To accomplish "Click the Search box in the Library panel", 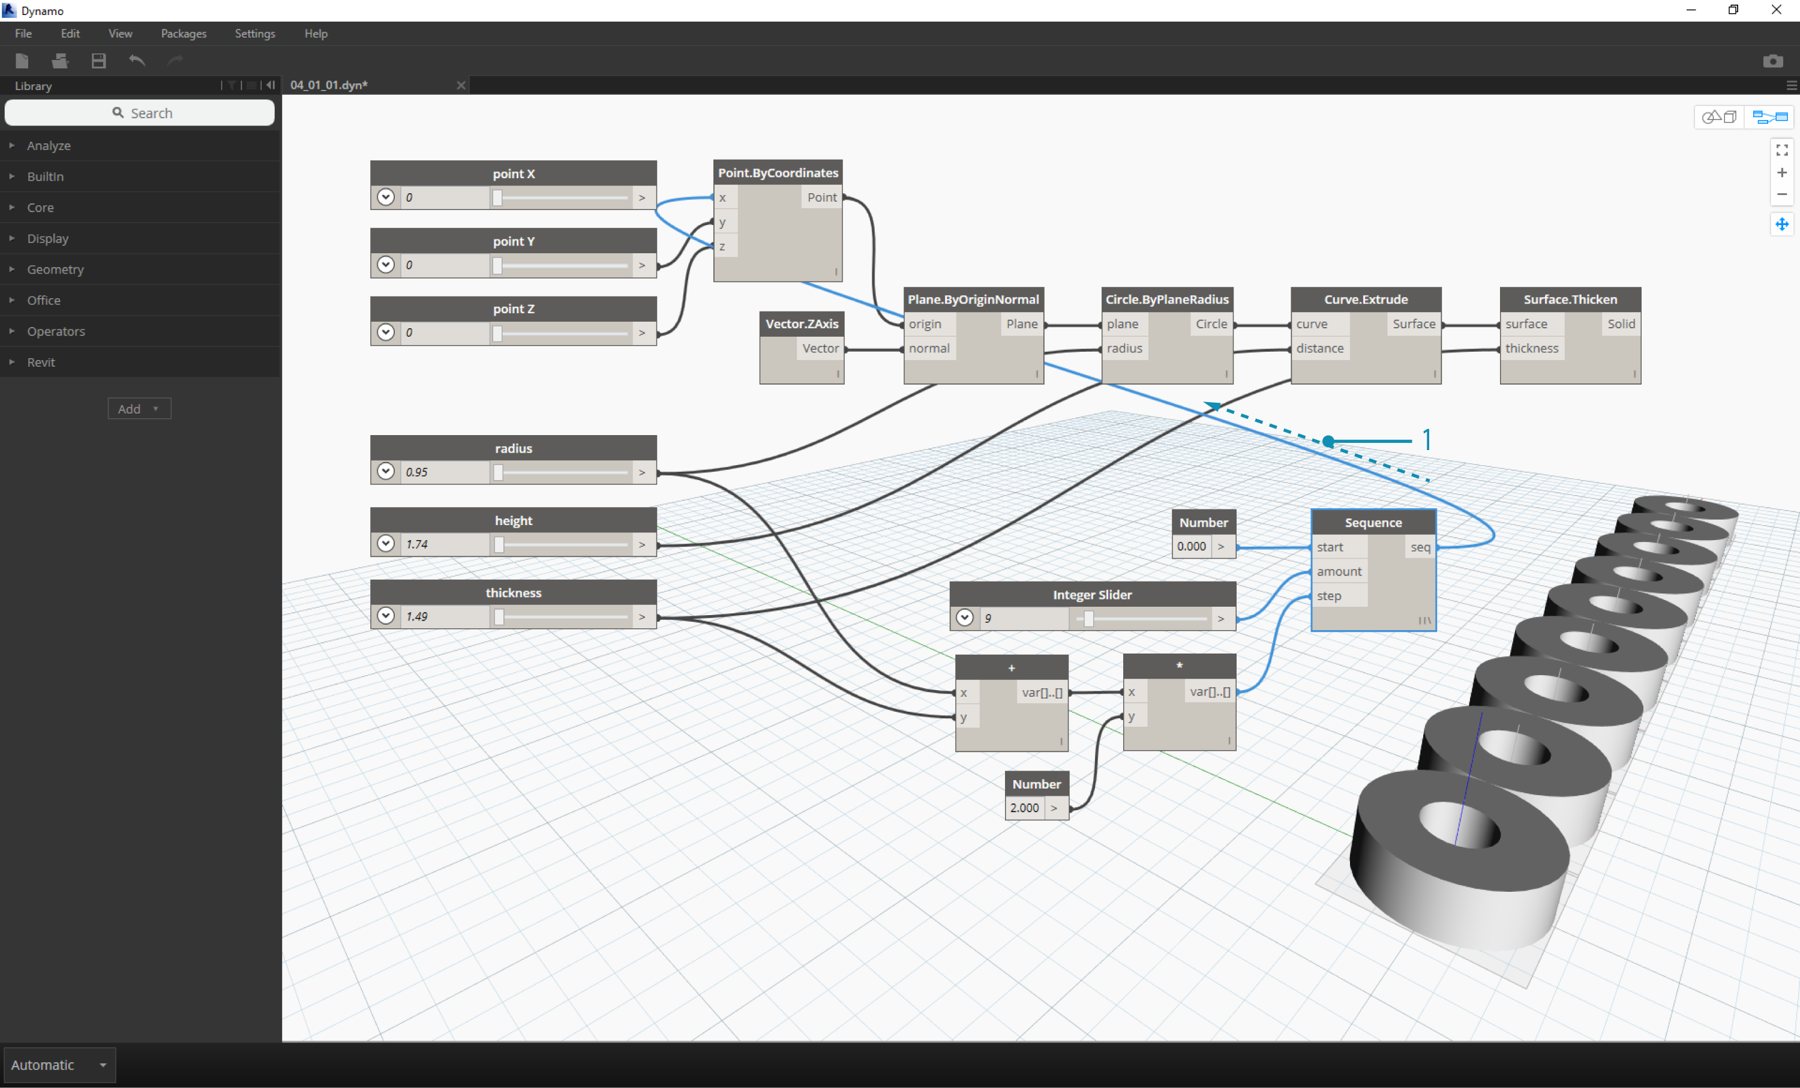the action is [140, 113].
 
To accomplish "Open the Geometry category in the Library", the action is [56, 269].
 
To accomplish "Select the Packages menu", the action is [184, 34].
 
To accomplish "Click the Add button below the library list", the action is [139, 409].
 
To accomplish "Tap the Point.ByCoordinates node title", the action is [778, 172].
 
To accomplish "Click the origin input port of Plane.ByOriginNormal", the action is [925, 323].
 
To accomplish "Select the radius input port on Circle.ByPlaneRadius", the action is [1124, 348].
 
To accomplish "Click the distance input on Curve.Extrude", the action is [1319, 348].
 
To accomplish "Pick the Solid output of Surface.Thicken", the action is [1621, 323].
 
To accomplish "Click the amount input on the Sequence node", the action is [1339, 571].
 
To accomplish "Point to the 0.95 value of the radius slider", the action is [417, 472].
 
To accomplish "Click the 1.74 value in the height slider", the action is [417, 544].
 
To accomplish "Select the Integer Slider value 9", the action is [988, 618].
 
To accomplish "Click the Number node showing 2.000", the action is [1037, 796].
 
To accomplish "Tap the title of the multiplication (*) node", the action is [1179, 666].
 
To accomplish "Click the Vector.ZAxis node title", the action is [802, 323].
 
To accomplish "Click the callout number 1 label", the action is [1427, 440].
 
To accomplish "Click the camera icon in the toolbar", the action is [1773, 61].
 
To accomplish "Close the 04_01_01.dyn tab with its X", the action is [461, 85].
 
